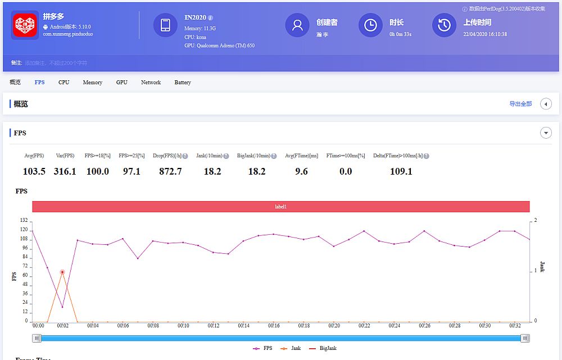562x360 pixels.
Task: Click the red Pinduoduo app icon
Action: point(25,25)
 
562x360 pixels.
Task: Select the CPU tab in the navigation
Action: point(64,83)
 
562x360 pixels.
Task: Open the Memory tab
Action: point(93,83)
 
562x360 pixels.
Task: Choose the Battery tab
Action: point(183,83)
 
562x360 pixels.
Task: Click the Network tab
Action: point(151,83)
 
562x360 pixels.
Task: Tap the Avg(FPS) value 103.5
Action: point(34,171)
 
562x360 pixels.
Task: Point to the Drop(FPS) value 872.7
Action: point(171,171)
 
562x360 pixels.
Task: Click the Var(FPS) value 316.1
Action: point(65,171)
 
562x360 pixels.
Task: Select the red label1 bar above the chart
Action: point(281,207)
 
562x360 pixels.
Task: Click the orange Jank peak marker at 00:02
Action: point(62,272)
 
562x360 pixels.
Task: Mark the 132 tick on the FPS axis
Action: point(24,221)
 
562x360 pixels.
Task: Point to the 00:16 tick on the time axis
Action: point(274,326)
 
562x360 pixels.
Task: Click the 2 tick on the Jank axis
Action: point(536,221)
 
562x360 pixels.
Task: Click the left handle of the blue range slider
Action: point(37,338)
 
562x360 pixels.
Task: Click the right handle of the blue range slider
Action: point(525,338)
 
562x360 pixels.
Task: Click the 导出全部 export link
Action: point(520,104)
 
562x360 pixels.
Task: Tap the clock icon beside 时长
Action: point(370,25)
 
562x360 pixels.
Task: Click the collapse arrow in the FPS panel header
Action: point(546,133)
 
